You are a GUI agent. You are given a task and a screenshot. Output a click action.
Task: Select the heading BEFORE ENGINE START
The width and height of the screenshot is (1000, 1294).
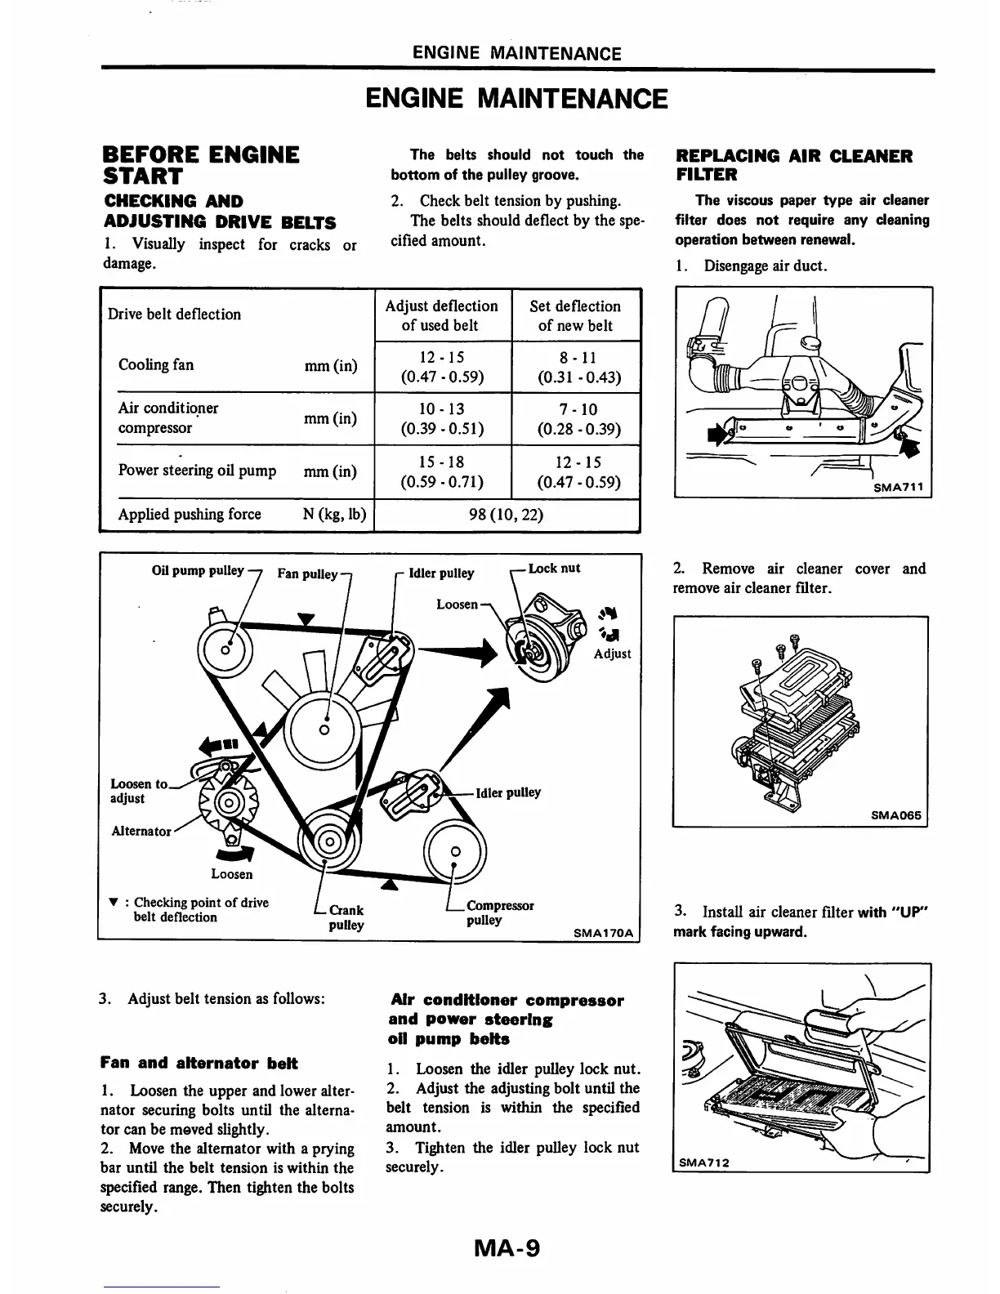(200, 165)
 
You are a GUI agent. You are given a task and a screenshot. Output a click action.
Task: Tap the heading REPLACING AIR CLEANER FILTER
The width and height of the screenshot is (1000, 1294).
(793, 165)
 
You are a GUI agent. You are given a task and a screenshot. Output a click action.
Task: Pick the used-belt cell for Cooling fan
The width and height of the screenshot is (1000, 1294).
(442, 367)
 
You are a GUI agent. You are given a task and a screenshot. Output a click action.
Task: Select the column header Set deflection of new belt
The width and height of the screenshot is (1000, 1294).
(575, 315)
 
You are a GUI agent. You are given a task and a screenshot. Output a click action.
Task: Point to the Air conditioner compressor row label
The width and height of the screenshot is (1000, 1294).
(167, 417)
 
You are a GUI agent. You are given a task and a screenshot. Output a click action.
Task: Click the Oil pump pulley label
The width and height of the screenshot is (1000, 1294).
(198, 570)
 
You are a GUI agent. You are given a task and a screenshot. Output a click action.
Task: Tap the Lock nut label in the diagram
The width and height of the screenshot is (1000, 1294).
(554, 569)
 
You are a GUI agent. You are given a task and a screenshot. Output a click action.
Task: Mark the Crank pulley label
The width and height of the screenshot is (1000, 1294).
(346, 917)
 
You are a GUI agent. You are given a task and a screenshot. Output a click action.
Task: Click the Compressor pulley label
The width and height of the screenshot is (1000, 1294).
(498, 912)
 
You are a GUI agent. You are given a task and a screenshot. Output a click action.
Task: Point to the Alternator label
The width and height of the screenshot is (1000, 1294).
(141, 831)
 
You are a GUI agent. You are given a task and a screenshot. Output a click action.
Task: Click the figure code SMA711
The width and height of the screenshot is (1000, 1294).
(897, 488)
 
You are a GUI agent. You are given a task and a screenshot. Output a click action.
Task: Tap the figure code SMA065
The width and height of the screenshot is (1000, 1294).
(895, 815)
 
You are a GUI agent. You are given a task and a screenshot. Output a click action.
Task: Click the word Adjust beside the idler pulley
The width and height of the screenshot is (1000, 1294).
(613, 654)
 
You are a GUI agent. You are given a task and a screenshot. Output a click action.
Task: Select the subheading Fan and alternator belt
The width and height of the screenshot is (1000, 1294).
(199, 1063)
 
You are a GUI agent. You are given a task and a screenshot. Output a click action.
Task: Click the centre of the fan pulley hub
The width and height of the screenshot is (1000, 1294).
(324, 729)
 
